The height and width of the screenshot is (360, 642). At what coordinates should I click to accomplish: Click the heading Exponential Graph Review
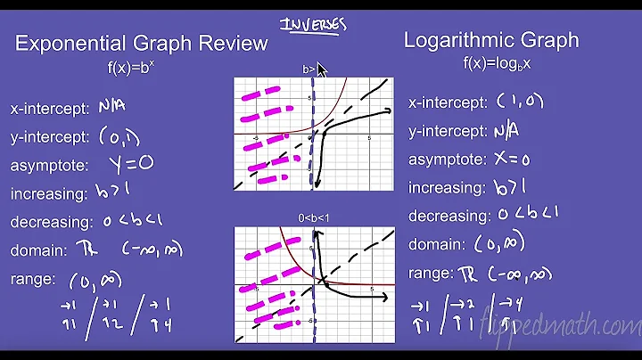pyautogui.click(x=142, y=43)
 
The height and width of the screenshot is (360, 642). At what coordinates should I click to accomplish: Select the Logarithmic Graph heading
pyautogui.click(x=491, y=40)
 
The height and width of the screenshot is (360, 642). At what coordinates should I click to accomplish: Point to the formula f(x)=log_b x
pyautogui.click(x=491, y=62)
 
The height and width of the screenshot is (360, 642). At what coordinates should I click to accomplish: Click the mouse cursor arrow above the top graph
pyautogui.click(x=323, y=70)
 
